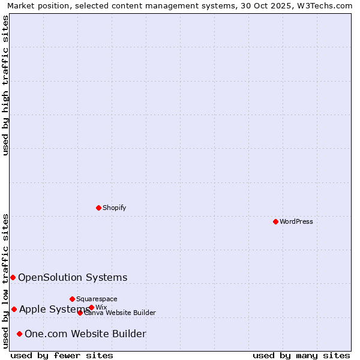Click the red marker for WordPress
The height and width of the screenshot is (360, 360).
275,221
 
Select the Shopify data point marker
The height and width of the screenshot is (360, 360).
98,208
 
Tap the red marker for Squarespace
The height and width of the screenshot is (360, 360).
72,299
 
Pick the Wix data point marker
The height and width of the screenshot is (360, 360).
91,307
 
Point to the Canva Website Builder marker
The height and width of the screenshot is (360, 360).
80,313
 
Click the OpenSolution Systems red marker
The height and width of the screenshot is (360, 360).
13,277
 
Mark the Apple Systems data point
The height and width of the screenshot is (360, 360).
14,309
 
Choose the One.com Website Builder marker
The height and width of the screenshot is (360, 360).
19,334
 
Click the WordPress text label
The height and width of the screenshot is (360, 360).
296,221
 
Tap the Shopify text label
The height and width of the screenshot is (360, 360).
114,208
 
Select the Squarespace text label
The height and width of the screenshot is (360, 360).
97,299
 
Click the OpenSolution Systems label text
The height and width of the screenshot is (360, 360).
73,277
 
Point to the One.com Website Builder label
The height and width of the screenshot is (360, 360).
85,334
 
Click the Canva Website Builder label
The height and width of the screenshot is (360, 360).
120,313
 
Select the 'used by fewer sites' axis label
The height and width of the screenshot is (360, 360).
62,355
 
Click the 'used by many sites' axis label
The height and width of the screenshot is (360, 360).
301,355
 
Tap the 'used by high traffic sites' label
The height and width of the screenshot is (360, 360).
5,85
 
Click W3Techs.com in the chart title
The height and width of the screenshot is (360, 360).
328,5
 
